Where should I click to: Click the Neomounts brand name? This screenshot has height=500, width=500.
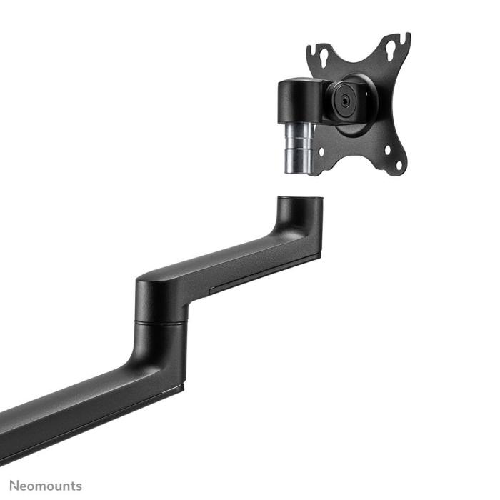click(x=46, y=486)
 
